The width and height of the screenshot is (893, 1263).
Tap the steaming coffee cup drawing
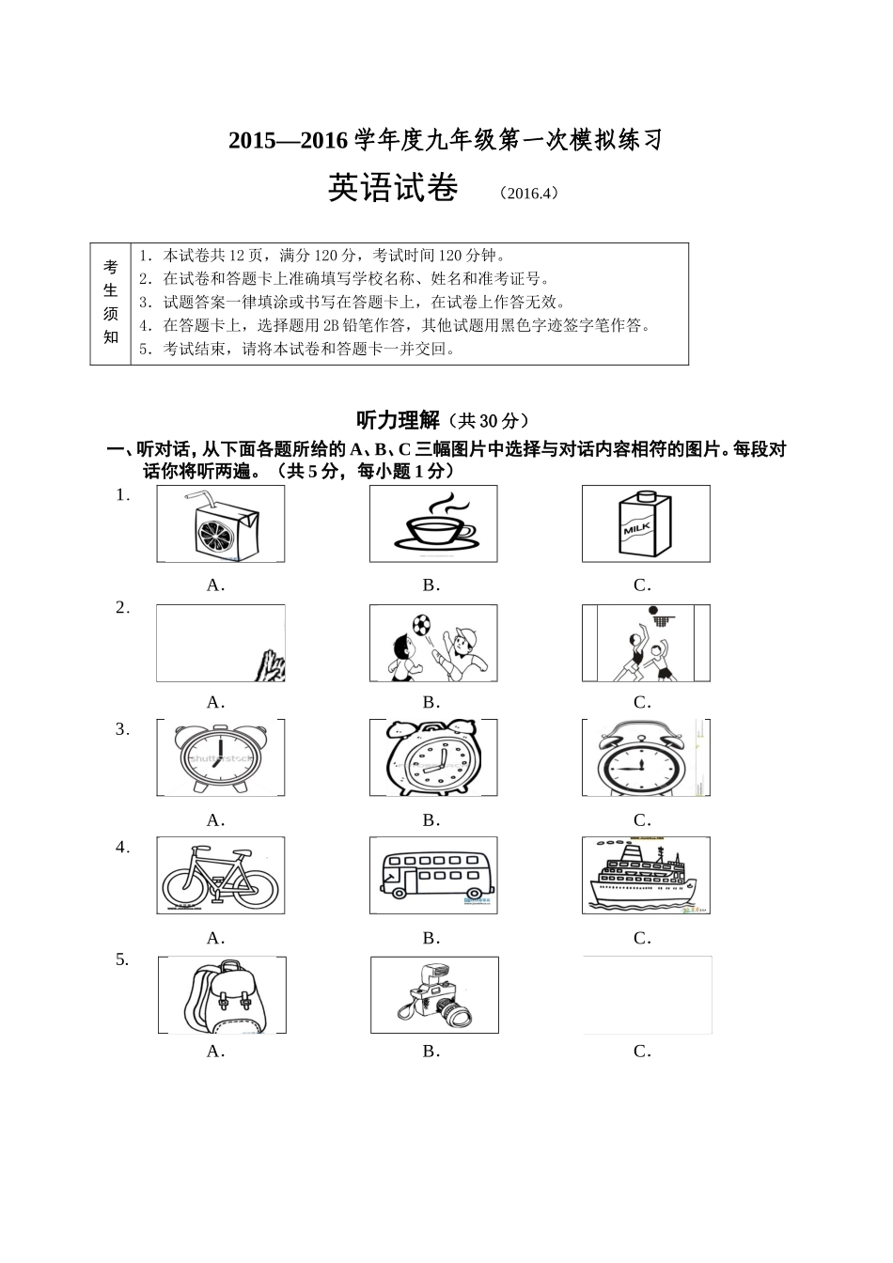(433, 525)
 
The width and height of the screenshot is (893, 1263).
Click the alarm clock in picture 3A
(220, 758)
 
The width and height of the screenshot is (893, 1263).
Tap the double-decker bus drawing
(435, 876)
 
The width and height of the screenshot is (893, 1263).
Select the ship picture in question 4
(645, 876)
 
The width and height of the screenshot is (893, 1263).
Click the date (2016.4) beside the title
(528, 193)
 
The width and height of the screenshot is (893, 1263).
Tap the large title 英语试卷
(392, 189)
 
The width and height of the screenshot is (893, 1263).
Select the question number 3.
(121, 729)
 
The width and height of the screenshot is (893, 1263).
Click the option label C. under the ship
(642, 938)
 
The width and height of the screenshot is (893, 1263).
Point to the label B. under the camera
(431, 1052)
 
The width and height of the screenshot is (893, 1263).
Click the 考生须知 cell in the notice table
(111, 303)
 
